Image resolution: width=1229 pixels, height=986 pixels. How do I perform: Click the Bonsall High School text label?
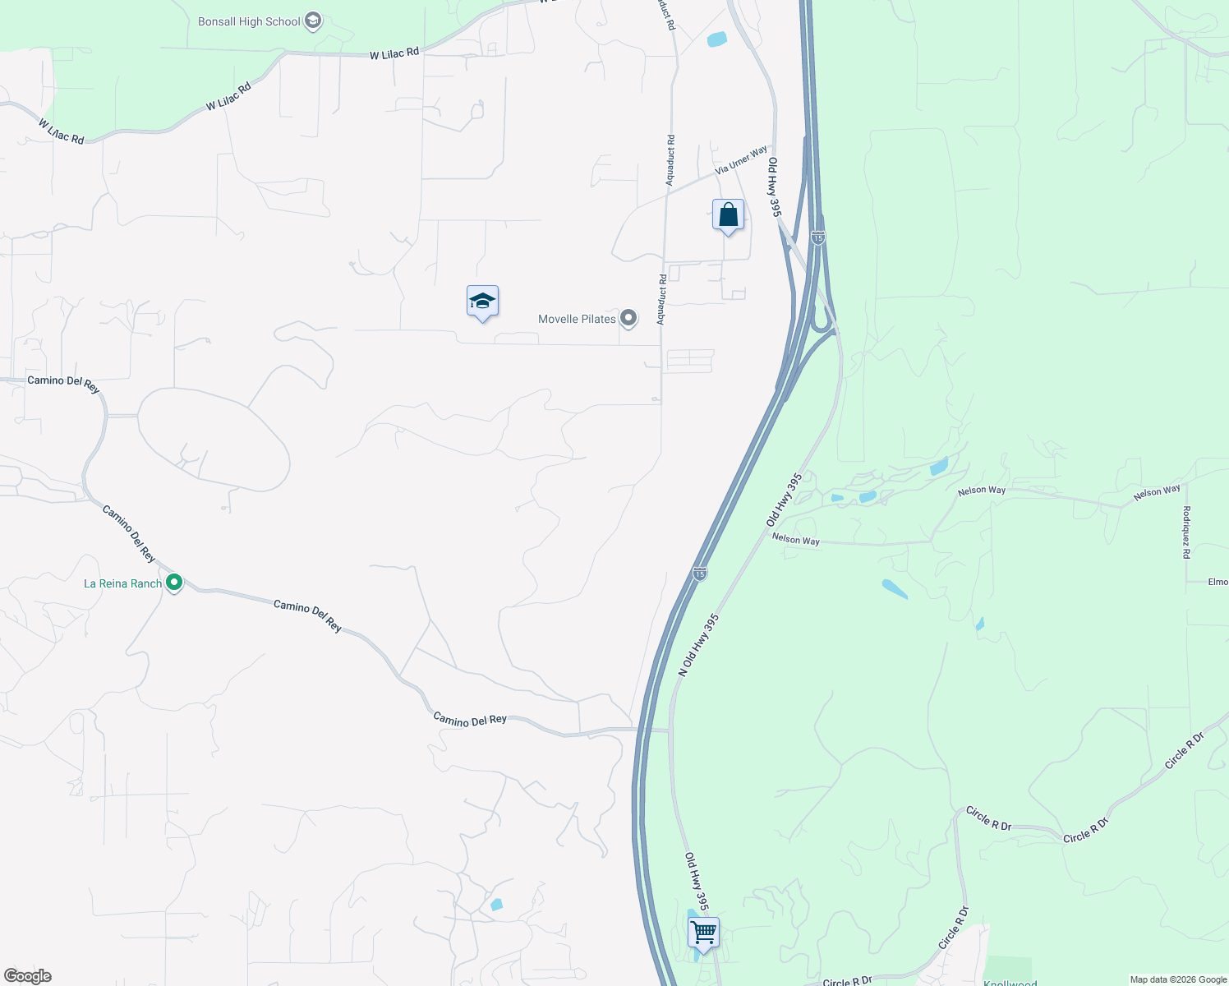point(249,21)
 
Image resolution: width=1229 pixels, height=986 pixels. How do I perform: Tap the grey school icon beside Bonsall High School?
point(312,21)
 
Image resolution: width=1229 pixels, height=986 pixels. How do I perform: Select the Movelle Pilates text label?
point(577,319)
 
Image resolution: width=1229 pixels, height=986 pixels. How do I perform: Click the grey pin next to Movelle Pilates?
point(628,318)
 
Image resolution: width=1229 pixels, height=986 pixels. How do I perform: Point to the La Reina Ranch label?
point(123,583)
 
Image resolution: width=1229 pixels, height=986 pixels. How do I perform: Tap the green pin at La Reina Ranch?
point(174,583)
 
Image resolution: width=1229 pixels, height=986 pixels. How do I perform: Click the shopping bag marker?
point(728,215)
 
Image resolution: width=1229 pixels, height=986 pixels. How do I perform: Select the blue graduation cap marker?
point(482,302)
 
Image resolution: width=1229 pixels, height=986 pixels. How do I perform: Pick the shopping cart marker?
point(703,933)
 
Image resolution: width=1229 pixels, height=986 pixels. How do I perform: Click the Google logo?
point(28,976)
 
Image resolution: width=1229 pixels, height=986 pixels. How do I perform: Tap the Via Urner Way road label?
point(741,159)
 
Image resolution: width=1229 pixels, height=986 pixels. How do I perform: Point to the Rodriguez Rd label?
point(1186,532)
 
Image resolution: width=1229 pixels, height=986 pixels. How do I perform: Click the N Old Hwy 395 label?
point(698,645)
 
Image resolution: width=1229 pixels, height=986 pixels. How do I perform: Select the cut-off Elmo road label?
point(1217,582)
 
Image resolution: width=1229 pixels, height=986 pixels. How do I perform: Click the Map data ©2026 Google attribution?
point(1178,979)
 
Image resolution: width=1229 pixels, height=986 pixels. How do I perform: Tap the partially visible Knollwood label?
point(1010,983)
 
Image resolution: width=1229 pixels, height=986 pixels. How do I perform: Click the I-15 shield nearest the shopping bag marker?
point(817,237)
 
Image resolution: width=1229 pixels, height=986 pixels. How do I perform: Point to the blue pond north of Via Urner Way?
point(717,39)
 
